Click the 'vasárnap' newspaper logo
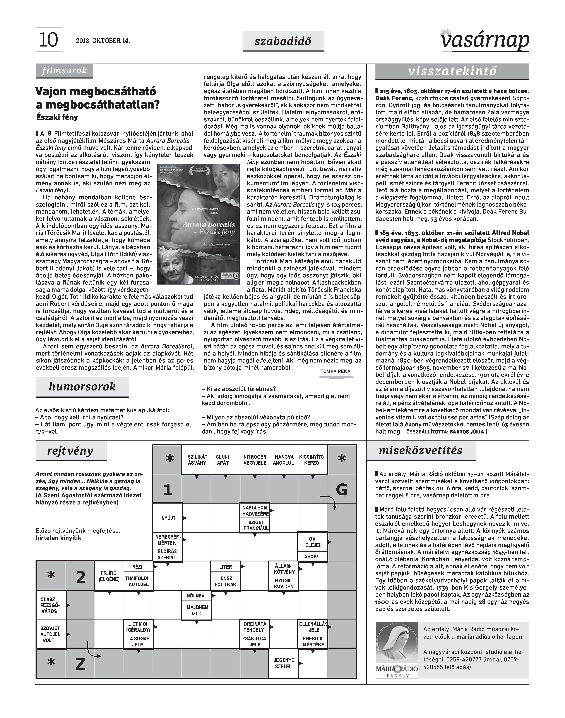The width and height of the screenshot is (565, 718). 485,40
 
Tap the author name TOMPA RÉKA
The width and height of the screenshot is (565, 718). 335,371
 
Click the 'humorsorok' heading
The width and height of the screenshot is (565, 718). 82,387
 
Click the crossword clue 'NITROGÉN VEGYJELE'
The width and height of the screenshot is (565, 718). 255,460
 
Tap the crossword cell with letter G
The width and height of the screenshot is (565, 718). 342,489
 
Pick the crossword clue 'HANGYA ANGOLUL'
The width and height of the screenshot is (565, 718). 284,460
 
